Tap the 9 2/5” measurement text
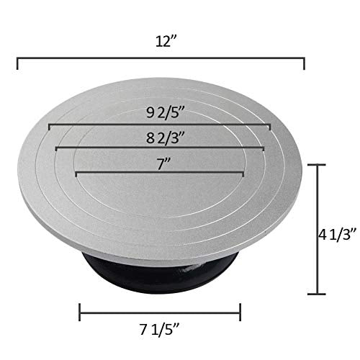pyautogui.click(x=160, y=112)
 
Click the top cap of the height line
pyautogui.click(x=318, y=165)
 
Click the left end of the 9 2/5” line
pyautogui.click(x=49, y=126)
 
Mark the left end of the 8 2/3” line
pyautogui.click(x=55, y=148)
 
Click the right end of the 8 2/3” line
pyautogui.click(x=264, y=148)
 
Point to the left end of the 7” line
pyautogui.click(x=76, y=173)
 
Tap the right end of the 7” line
pyautogui.click(x=243, y=173)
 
